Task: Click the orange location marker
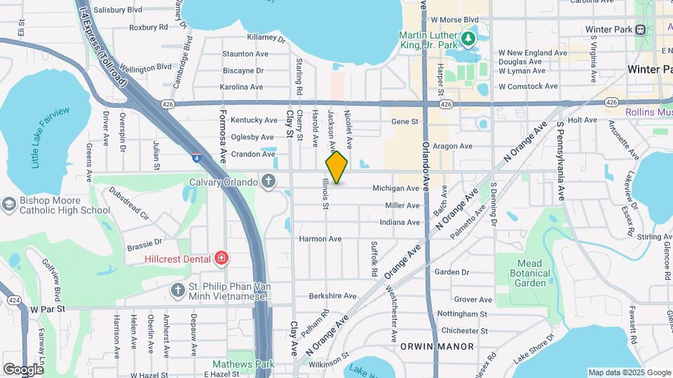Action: tap(336, 167)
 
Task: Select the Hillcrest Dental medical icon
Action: tap(222, 259)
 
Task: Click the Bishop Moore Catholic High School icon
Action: tap(9, 204)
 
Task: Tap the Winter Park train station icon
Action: tap(639, 30)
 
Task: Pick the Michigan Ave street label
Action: tap(395, 188)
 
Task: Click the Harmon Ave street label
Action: tap(320, 239)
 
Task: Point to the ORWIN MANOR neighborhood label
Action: tap(437, 346)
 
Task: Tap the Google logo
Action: tap(24, 369)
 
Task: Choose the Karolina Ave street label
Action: tap(242, 87)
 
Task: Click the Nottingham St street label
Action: tap(462, 314)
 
